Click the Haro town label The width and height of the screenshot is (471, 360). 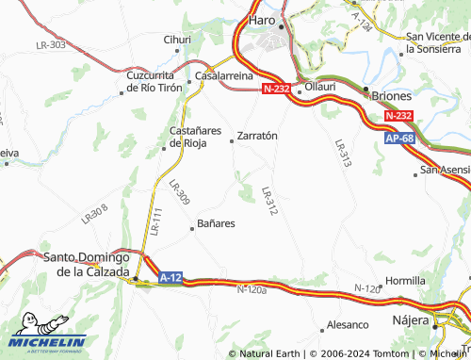tap(261, 20)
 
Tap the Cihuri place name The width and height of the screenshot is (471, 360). tap(177, 40)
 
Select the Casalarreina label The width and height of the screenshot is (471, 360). tap(223, 75)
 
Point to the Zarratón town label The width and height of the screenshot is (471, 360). tap(257, 136)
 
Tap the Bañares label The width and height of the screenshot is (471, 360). tap(216, 224)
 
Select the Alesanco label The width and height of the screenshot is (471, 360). tap(347, 325)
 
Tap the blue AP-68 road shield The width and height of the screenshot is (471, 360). tap(399, 139)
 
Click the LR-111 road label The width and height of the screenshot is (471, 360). tap(155, 222)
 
